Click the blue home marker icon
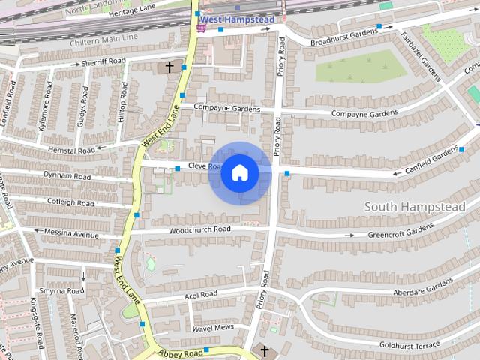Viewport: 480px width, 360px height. pyautogui.click(x=239, y=172)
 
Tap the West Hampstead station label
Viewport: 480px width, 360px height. pyautogui.click(x=236, y=18)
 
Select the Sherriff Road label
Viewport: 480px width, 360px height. pyautogui.click(x=103, y=61)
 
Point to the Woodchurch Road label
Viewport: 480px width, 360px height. pyautogui.click(x=199, y=229)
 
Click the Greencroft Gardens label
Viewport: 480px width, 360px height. pyautogui.click(x=401, y=230)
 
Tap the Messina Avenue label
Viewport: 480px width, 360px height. pyautogui.click(x=71, y=234)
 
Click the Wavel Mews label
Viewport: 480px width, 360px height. pyautogui.click(x=214, y=328)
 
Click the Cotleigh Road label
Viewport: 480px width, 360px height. pyautogui.click(x=70, y=202)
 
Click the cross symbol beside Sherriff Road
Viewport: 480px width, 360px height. pyautogui.click(x=169, y=67)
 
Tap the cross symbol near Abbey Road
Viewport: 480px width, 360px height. pyautogui.click(x=262, y=349)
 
